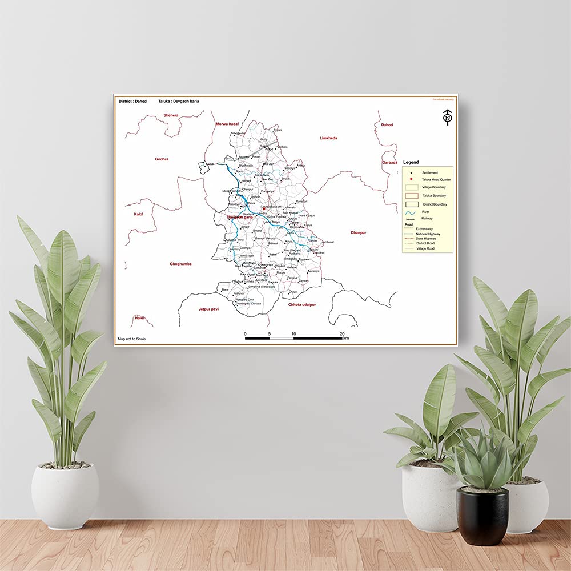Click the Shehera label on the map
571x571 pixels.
point(171,115)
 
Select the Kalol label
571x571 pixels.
point(139,214)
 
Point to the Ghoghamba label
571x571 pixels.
point(180,264)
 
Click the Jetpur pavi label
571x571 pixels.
point(208,308)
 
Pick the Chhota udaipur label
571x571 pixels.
point(302,305)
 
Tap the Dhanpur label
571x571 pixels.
point(359,232)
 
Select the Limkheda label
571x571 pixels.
point(329,138)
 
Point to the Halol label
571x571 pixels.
point(139,317)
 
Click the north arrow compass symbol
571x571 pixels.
point(447,118)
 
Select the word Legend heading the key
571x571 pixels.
point(411,163)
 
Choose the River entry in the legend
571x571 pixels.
point(425,212)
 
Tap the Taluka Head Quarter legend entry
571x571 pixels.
point(436,179)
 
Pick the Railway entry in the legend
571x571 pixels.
point(427,218)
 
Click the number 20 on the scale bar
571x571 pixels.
point(342,333)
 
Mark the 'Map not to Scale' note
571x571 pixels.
point(131,339)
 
